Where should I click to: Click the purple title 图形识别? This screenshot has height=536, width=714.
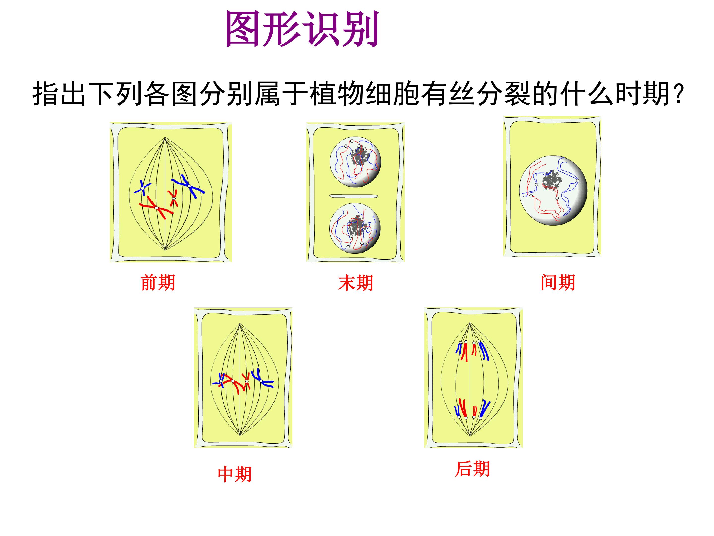click(302, 29)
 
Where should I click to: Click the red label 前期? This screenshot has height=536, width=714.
click(158, 282)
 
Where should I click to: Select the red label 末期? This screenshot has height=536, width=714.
click(355, 283)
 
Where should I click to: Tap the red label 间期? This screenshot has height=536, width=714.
click(558, 282)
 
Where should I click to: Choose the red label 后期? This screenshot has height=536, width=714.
click(472, 469)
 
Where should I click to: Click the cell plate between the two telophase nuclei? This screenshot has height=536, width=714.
click(354, 196)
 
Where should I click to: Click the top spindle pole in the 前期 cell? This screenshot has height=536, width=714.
click(165, 138)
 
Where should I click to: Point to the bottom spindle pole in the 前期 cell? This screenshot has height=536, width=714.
click(165, 249)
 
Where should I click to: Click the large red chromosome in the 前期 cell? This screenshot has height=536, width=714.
click(156, 207)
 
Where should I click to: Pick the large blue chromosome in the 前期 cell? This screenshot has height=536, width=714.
click(188, 186)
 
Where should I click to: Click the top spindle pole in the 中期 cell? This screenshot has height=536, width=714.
click(240, 324)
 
